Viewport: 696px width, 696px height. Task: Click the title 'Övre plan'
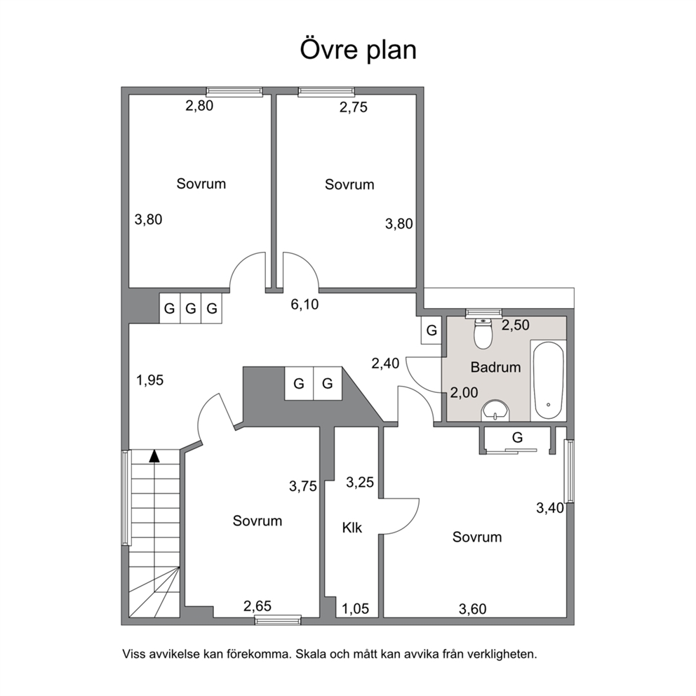(359, 49)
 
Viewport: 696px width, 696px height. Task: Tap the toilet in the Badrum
(483, 333)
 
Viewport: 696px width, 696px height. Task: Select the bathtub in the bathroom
(548, 380)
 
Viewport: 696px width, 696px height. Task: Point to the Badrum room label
(495, 368)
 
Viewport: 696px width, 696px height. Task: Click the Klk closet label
(352, 528)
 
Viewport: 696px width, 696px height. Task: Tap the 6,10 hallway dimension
(305, 304)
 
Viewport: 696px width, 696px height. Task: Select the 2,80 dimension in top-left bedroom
(199, 106)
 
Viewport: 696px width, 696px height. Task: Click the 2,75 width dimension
(354, 107)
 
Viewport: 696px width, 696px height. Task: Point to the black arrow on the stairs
(154, 456)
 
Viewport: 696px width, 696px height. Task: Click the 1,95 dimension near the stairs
(150, 380)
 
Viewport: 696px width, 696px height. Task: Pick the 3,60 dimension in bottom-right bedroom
(473, 609)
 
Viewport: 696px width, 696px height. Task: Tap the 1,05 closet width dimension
(355, 608)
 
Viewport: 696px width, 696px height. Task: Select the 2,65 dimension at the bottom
(257, 606)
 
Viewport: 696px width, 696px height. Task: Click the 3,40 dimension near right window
(550, 508)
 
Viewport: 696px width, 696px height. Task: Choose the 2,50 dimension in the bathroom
(516, 326)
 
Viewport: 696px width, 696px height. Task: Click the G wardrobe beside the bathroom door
(431, 330)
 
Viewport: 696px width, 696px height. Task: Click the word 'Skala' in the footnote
(310, 654)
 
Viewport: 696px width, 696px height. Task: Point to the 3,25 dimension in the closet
(360, 483)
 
